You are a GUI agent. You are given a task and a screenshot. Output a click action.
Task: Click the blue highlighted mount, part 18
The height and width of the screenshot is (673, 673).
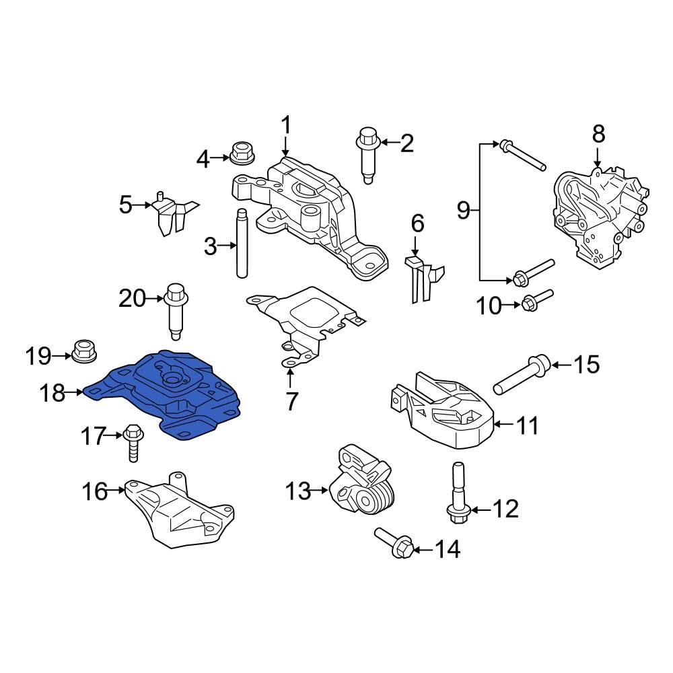point(168,394)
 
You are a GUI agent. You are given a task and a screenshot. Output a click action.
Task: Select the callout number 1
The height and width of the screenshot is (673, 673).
point(285,125)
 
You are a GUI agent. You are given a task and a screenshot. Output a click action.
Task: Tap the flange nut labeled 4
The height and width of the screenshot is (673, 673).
point(240,154)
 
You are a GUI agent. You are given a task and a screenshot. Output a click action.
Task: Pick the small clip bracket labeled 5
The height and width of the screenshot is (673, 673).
point(171,213)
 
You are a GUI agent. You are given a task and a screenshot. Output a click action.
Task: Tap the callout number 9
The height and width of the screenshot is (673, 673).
point(464,211)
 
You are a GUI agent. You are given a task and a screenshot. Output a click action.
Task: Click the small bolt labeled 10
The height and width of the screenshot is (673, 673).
point(536,300)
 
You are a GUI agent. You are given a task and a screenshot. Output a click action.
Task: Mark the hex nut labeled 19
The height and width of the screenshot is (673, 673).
point(81,350)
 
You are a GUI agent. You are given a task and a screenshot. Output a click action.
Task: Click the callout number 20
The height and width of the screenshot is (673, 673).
point(132,297)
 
